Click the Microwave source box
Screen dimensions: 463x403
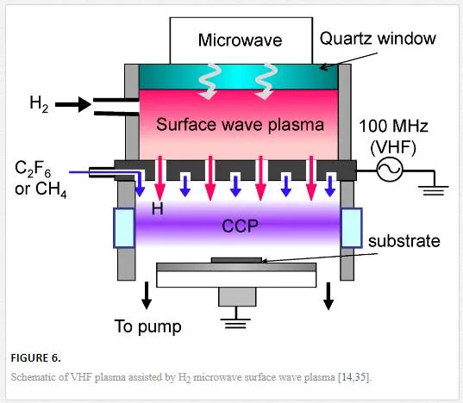point(241,40)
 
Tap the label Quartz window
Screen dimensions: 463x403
point(378,39)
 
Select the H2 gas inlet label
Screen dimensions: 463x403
point(39,104)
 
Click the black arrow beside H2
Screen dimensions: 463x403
point(73,104)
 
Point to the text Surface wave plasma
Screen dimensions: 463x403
point(240,125)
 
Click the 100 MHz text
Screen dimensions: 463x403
point(393,126)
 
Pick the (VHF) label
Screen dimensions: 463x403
point(393,147)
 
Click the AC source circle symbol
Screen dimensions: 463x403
point(390,170)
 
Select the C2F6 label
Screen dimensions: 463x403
point(33,170)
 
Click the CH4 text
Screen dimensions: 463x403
point(51,189)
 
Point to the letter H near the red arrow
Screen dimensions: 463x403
point(158,208)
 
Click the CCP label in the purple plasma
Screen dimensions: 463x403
point(240,226)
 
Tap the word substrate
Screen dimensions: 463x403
point(404,241)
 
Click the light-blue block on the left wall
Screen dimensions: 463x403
point(124,227)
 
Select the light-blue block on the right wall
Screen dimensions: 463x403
point(352,227)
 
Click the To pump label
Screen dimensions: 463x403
point(148,326)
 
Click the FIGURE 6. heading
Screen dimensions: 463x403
point(35,358)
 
